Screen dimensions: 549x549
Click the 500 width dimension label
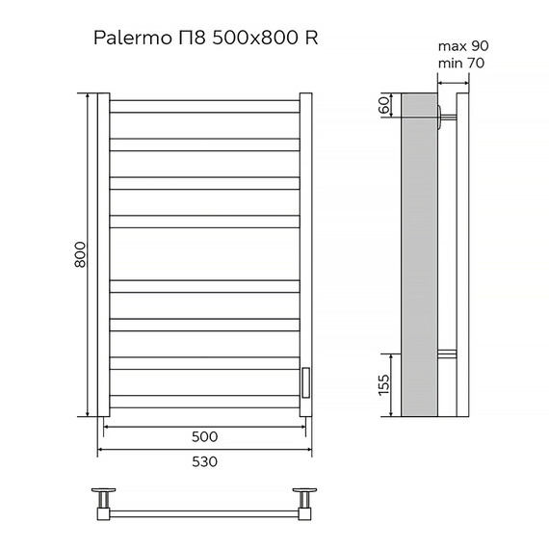click(204, 436)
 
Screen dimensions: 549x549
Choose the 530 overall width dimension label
click(204, 461)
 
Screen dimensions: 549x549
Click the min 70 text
click(460, 63)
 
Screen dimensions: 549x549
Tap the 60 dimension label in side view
click(384, 105)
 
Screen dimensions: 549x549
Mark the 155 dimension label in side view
click(383, 386)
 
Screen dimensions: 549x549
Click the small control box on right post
click(304, 381)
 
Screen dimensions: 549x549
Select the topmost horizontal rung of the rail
click(205, 106)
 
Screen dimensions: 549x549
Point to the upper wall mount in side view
click(442, 118)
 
